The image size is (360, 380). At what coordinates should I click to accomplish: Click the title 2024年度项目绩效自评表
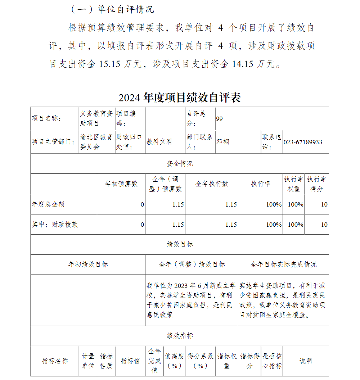179,98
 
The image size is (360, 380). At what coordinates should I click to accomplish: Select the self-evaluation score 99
219,119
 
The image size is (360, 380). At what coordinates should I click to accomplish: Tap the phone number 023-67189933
303,142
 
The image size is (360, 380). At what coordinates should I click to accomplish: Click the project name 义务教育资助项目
96,118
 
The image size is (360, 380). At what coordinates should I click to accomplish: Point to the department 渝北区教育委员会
96,142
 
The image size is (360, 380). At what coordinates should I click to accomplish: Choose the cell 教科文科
159,142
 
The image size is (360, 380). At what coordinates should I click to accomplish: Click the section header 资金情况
180,164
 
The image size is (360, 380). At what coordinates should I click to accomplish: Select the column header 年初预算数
121,184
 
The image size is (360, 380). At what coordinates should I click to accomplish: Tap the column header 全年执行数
212,184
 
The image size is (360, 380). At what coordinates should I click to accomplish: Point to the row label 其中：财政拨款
55,225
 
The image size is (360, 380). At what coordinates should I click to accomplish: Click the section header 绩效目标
180,244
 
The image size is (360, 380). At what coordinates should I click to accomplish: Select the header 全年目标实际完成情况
283,264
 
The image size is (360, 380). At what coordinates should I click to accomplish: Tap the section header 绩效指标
180,336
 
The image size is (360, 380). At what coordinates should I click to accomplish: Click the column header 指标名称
55,361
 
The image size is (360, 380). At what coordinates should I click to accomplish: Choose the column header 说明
306,361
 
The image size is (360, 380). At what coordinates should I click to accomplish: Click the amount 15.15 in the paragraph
110,64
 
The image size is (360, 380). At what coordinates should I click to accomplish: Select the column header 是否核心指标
272,361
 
